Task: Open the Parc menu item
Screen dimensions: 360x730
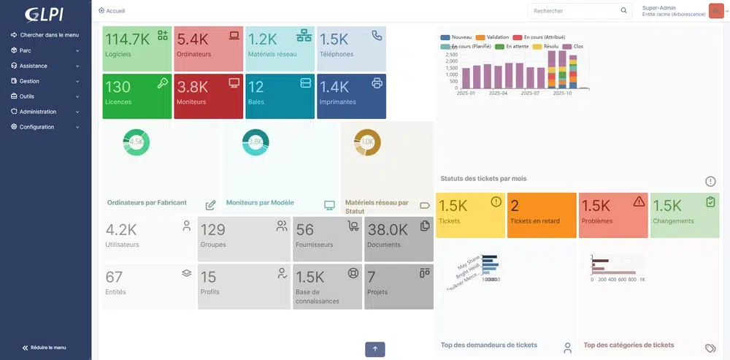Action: (x=26, y=50)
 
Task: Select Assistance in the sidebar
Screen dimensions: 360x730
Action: (x=33, y=66)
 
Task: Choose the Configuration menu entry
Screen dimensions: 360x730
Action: (x=36, y=127)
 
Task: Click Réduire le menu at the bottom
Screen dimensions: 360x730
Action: (x=49, y=348)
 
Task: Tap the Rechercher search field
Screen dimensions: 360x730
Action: (x=573, y=11)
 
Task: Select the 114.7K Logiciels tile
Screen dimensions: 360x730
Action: (x=137, y=48)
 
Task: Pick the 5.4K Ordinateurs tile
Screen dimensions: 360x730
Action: (x=208, y=48)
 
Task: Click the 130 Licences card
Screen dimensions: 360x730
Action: (x=137, y=96)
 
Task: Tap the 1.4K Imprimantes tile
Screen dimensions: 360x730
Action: (x=351, y=96)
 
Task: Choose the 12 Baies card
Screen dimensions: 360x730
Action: (x=280, y=96)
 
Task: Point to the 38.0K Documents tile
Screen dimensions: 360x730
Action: (x=398, y=238)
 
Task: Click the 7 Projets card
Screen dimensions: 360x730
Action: (x=398, y=286)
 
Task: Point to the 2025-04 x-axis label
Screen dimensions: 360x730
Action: (x=498, y=93)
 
